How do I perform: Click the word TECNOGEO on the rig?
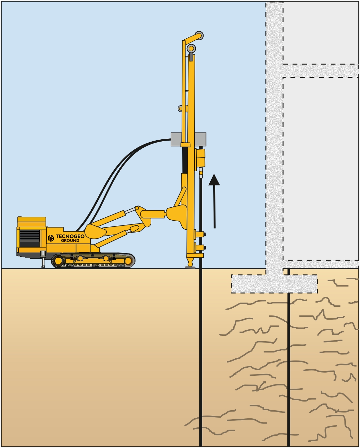(70, 236)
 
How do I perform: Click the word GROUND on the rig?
(70, 240)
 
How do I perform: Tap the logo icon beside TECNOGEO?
(51, 238)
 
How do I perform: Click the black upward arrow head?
(214, 180)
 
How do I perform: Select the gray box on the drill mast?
(188, 139)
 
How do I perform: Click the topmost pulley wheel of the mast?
(199, 35)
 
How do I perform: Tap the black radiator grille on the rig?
(30, 238)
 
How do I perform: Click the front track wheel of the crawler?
(128, 261)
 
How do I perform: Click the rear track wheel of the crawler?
(58, 261)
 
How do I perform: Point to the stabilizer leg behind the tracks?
(43, 259)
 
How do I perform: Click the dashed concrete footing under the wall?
(274, 284)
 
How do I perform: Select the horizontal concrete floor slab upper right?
(321, 71)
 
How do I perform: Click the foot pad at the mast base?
(190, 267)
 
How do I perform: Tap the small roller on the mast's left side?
(181, 108)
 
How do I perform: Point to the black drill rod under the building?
(289, 358)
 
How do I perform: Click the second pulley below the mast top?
(191, 48)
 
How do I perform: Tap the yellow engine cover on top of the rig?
(32, 219)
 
